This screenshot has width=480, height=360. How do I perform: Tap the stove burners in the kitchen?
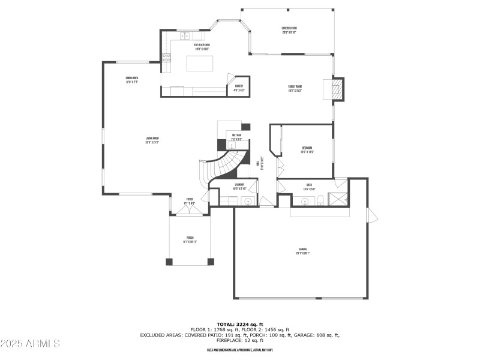tap(166, 59)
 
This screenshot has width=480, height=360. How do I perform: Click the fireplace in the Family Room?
tap(338, 89)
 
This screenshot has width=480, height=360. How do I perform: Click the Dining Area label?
tap(132, 80)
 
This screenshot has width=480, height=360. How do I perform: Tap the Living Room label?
tap(152, 140)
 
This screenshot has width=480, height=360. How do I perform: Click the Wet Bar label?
tap(236, 137)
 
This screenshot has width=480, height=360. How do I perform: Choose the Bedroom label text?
tap(307, 150)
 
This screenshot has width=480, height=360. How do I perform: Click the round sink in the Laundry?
tap(248, 201)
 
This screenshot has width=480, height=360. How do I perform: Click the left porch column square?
tap(169, 262)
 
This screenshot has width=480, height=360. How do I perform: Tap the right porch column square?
tap(210, 262)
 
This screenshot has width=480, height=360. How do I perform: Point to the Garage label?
tap(303, 251)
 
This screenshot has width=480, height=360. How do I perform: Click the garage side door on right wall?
tap(370, 213)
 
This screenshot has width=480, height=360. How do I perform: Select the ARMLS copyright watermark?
tap(30, 344)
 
